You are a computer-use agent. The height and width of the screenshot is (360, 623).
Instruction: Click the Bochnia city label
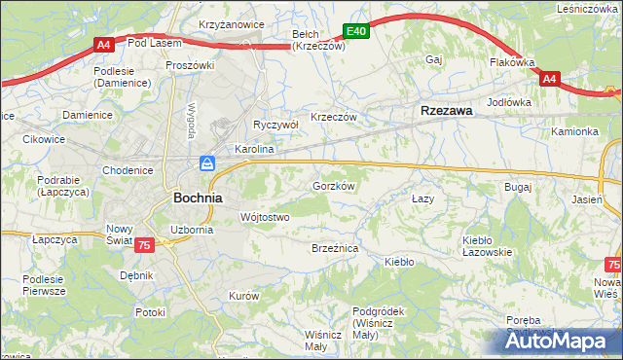[198, 197]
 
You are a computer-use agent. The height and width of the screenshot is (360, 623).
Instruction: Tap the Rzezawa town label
[447, 111]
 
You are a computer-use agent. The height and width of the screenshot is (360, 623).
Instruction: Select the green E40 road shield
[356, 31]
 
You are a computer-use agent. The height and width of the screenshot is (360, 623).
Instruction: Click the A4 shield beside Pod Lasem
[104, 44]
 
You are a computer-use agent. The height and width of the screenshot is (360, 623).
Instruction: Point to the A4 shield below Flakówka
[549, 79]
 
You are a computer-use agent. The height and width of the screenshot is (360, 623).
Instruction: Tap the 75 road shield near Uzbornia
[144, 246]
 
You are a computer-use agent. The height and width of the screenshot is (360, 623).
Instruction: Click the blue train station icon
[207, 162]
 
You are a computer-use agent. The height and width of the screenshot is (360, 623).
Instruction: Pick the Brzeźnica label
[335, 249]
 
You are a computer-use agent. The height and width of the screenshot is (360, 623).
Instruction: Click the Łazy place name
[421, 198]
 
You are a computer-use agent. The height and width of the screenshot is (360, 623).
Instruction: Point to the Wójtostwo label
[265, 217]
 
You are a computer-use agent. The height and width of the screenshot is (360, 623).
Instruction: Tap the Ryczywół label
[275, 125]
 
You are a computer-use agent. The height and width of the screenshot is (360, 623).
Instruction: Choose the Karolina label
[254, 151]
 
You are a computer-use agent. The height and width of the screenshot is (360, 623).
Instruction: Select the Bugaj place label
[517, 186]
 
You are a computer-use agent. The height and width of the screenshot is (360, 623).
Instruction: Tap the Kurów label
[243, 295]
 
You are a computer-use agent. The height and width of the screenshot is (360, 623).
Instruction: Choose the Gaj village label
[434, 59]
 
